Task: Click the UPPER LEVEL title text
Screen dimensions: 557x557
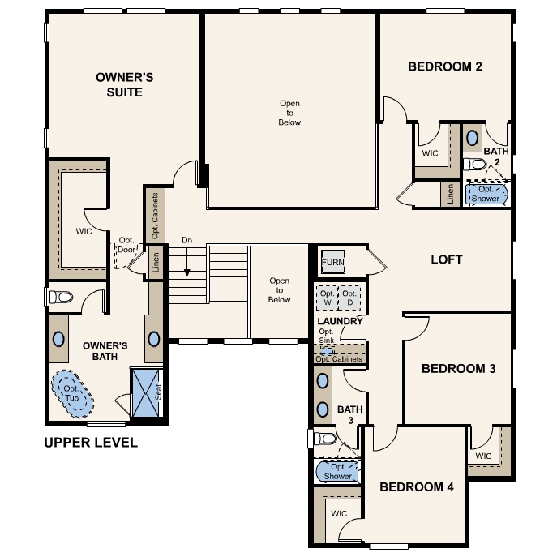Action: [91, 443]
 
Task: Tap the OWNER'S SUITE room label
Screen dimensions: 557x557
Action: [119, 84]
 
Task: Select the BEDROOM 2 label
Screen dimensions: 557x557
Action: [445, 66]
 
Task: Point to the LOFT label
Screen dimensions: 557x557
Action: [446, 259]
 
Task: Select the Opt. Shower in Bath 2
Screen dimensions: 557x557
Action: [486, 195]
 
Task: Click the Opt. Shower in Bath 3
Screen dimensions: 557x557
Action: [338, 471]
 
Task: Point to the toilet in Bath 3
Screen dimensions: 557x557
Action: [326, 439]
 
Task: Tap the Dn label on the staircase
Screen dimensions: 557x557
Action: [186, 240]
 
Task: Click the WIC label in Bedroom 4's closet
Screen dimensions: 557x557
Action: [339, 514]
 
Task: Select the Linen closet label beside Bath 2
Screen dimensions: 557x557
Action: [449, 194]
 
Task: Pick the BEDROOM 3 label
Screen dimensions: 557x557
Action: [458, 369]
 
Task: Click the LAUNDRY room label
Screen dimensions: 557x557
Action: [340, 321]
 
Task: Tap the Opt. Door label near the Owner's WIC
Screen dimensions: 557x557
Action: [126, 245]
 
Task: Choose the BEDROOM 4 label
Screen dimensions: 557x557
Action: [417, 486]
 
